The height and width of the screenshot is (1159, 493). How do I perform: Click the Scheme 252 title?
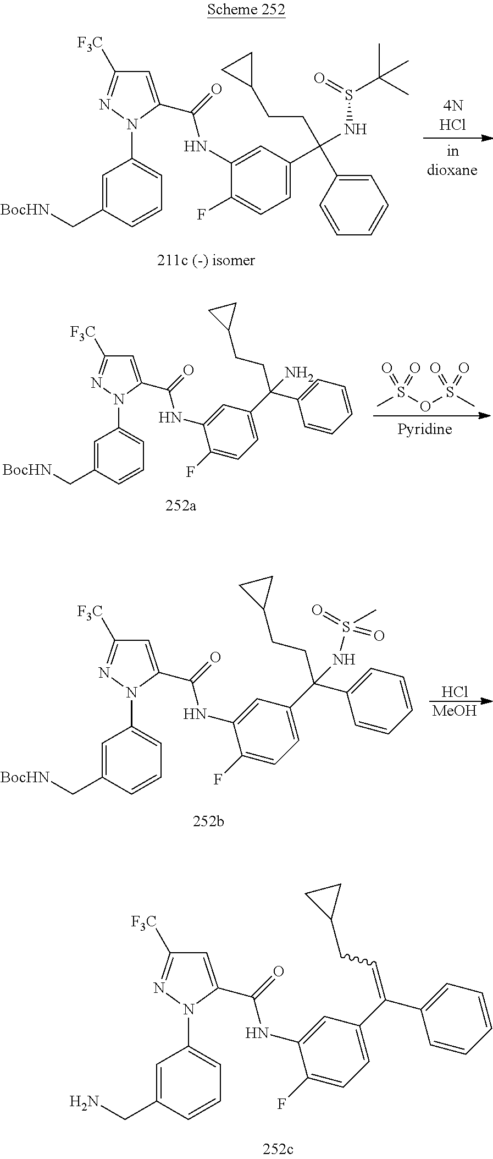click(246, 10)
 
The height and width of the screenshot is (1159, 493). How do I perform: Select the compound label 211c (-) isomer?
click(206, 260)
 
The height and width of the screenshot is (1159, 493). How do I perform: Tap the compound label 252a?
click(181, 506)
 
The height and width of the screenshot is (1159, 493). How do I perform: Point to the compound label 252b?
click(208, 821)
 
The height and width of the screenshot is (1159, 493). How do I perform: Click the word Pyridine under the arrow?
click(424, 430)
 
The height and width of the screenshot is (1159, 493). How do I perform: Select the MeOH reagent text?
click(454, 711)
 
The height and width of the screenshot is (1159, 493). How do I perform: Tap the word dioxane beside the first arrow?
click(452, 170)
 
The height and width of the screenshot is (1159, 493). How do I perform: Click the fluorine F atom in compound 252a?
click(190, 471)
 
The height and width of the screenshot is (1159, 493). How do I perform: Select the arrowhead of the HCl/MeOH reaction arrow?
click(486, 701)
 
